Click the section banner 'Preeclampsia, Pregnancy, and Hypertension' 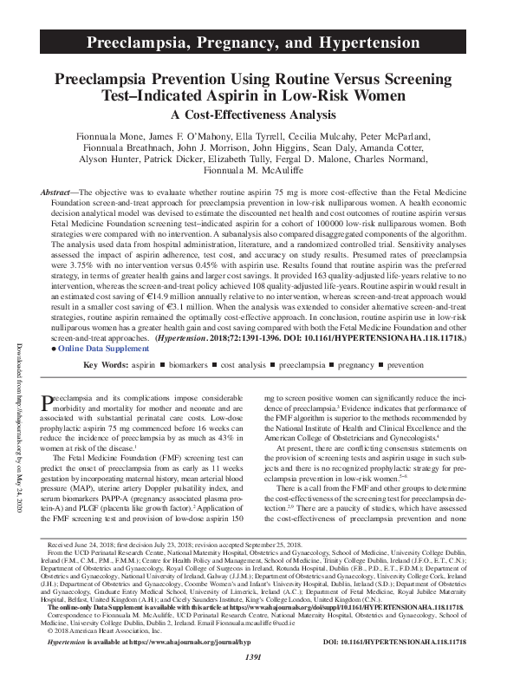pos(253,42)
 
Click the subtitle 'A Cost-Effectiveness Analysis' pos(253,114)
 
